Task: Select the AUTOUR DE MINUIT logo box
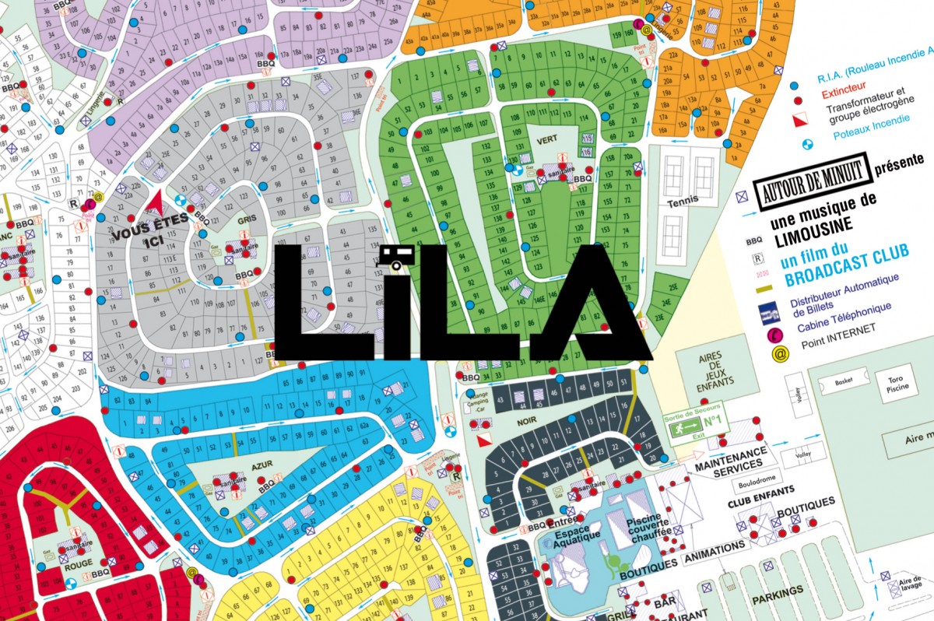point(810,183)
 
